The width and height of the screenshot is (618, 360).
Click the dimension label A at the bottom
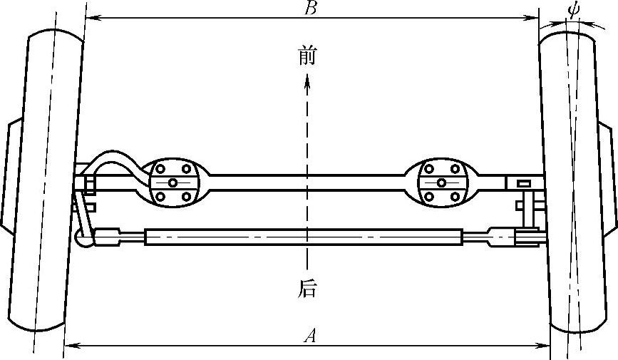tap(309, 336)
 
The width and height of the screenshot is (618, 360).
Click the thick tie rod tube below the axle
tap(303, 237)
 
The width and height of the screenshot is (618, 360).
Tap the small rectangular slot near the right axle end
tap(523, 184)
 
